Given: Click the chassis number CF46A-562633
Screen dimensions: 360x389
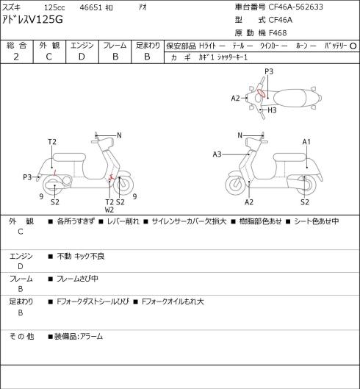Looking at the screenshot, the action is [296, 7].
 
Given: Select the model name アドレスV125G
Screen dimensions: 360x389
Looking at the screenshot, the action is [32, 20].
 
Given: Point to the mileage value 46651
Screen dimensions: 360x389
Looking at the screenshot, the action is [91, 7].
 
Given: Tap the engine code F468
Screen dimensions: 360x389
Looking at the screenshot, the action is [278, 33].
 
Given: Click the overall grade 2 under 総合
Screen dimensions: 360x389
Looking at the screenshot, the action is [16, 57].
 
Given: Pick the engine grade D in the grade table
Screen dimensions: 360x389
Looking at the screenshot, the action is [82, 57].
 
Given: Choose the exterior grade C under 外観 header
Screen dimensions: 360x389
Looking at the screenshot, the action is [48, 57].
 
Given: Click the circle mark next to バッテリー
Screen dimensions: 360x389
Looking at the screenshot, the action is [353, 46].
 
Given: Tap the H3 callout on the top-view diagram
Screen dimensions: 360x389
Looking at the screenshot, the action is [272, 110].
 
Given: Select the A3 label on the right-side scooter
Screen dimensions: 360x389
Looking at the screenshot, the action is [217, 154].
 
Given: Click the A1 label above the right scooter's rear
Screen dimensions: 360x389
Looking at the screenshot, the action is [306, 142].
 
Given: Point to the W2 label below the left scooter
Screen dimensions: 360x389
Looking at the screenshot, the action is [109, 210].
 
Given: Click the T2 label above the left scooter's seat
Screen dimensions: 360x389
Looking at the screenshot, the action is [52, 142].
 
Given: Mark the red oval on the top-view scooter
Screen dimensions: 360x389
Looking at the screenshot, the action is [261, 93].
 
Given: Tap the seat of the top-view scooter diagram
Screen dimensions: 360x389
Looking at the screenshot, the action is [289, 98].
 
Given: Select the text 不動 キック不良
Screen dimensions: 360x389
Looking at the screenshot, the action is [81, 257].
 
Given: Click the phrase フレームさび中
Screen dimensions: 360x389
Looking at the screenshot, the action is [77, 279].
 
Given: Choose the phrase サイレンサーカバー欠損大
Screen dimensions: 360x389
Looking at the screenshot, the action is [189, 221].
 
